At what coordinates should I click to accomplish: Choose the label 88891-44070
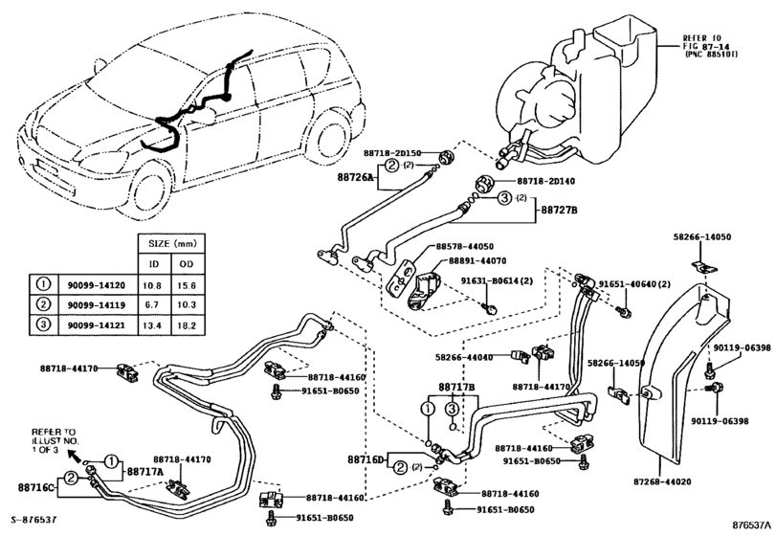click(464, 259)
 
